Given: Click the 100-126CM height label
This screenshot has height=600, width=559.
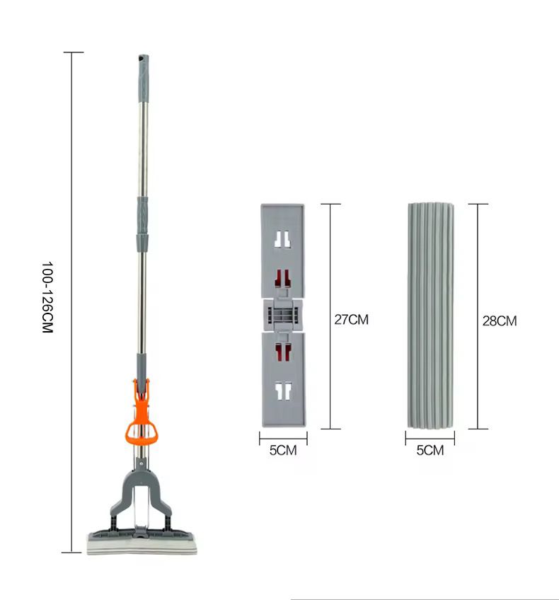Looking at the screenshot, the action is [x=47, y=298].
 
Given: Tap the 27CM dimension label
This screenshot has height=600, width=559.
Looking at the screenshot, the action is [x=351, y=320].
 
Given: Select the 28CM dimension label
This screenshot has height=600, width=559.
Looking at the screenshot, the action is [x=500, y=321].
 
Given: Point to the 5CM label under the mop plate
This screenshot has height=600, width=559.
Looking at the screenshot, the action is [x=283, y=451].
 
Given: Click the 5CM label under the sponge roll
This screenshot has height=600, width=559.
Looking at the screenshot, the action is [x=430, y=451].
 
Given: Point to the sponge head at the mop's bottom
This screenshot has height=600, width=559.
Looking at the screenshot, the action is [x=142, y=543].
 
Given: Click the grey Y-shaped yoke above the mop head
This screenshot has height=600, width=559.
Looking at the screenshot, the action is [x=142, y=494].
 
